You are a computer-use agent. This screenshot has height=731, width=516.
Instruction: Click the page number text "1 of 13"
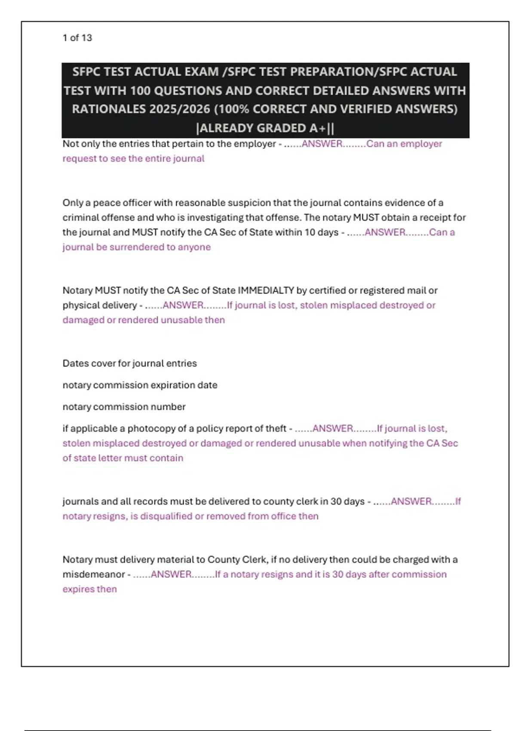tap(77, 38)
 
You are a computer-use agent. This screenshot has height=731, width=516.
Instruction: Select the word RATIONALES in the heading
tap(110, 109)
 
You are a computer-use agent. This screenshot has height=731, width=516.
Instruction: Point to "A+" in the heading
tap(315, 128)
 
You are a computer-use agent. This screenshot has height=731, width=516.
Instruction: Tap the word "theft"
tap(276, 429)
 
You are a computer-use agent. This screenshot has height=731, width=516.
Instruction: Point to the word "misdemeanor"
tap(94, 574)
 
